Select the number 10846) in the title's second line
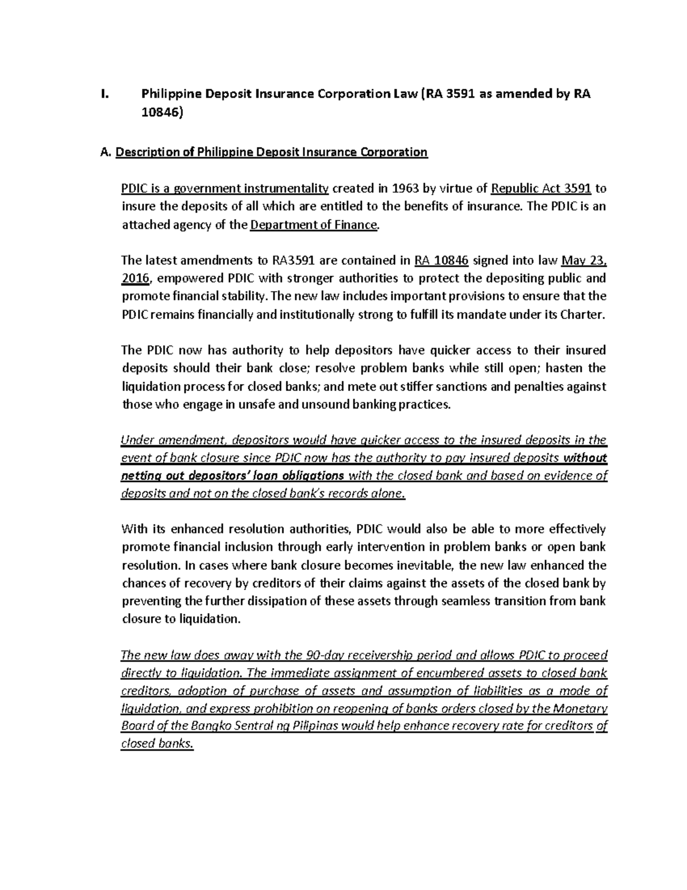click(163, 113)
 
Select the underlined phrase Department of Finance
click(314, 225)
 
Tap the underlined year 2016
click(135, 279)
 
